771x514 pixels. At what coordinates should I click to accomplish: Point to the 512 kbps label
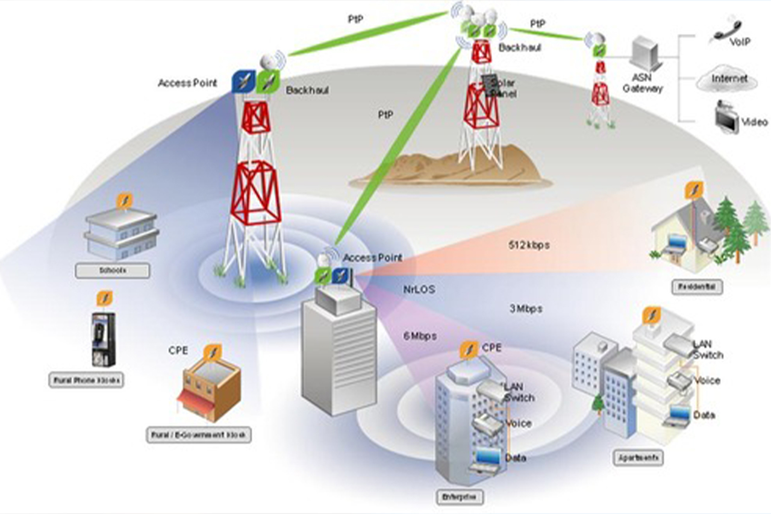pyautogui.click(x=529, y=245)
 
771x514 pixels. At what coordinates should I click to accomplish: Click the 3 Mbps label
pyautogui.click(x=525, y=309)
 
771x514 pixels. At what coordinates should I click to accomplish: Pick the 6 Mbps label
pyautogui.click(x=420, y=336)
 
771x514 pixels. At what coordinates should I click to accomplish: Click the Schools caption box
pyautogui.click(x=112, y=271)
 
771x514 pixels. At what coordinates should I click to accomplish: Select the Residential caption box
pyautogui.click(x=697, y=287)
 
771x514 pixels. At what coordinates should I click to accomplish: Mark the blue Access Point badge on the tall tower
pyautogui.click(x=243, y=82)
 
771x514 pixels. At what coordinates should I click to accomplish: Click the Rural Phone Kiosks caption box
pyautogui.click(x=86, y=380)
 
